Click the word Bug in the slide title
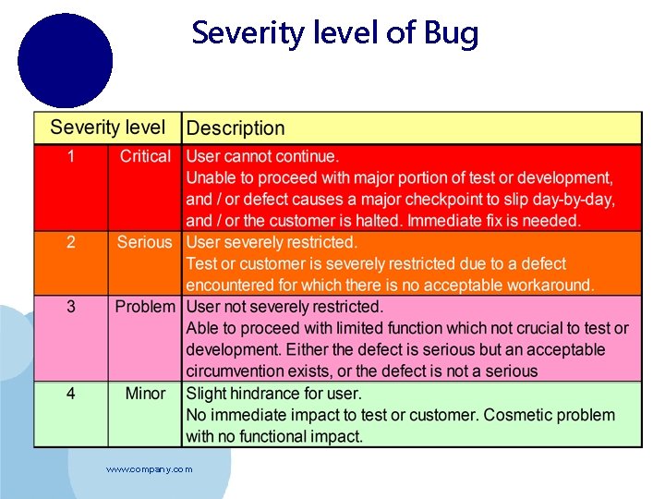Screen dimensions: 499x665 click(452, 34)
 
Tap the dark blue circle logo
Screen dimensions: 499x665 click(65, 61)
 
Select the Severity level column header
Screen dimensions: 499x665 click(107, 128)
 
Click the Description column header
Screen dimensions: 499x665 click(236, 128)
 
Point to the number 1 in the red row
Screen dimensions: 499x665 click(71, 156)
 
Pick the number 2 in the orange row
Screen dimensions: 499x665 click(71, 242)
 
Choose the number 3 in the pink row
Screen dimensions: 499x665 click(71, 307)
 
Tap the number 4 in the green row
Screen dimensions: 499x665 click(71, 394)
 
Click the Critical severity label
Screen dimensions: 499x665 click(145, 156)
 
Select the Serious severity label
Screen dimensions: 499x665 click(144, 242)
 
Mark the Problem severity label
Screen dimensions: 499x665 click(144, 307)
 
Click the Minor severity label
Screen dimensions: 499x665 click(145, 394)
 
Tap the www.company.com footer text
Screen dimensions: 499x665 click(149, 469)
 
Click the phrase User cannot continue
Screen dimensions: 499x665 click(262, 157)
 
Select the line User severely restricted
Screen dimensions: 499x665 click(272, 242)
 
